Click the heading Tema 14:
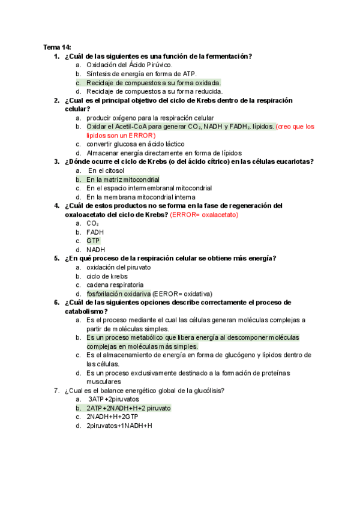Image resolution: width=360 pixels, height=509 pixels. (57, 47)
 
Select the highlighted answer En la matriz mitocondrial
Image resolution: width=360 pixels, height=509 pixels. (123, 179)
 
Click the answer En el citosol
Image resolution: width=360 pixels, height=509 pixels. (107, 170)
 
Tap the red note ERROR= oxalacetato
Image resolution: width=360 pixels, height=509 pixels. (204, 214)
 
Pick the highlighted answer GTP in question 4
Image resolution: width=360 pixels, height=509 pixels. (93, 241)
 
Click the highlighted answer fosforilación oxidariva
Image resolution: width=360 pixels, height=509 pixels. (118, 294)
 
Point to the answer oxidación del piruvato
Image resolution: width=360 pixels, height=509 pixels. (119, 267)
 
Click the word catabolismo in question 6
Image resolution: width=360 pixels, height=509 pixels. (86, 312)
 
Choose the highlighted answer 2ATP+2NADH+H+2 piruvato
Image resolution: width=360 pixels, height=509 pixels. (128, 408)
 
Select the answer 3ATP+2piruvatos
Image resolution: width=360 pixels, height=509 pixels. (113, 399)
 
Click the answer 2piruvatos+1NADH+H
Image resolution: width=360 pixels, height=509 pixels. (119, 426)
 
